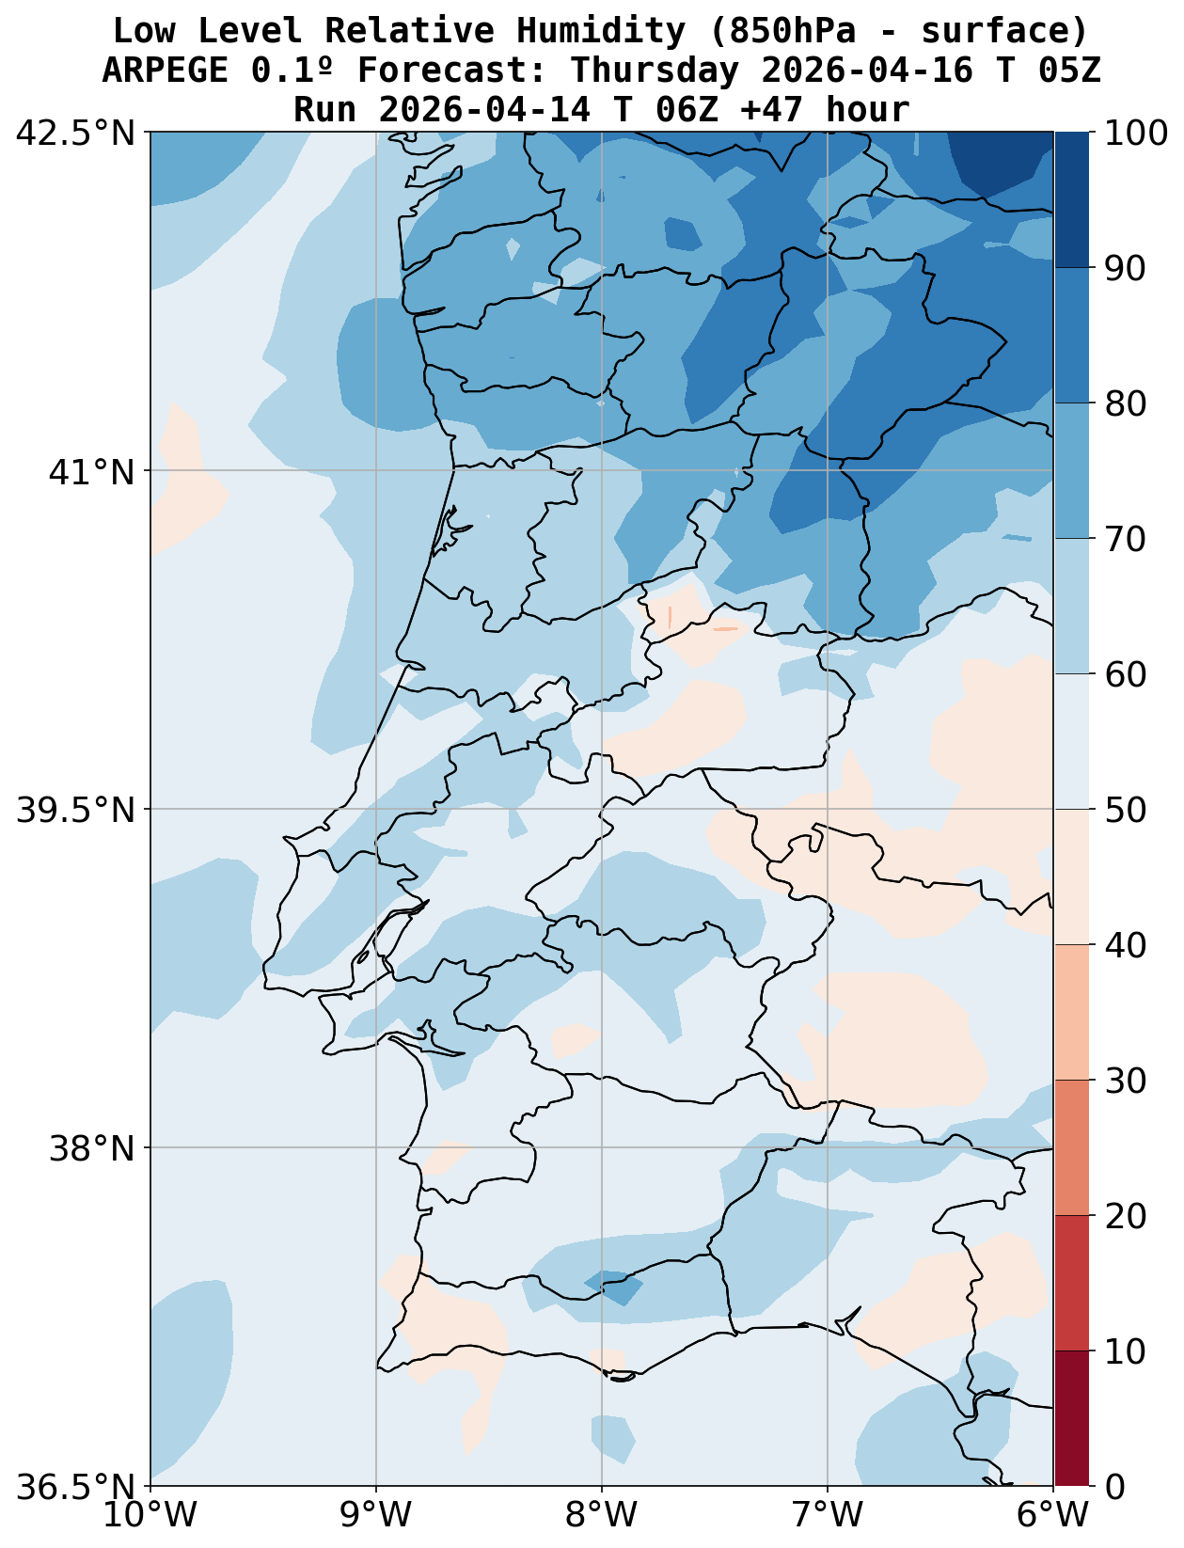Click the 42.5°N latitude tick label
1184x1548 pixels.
75,134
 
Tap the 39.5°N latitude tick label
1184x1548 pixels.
75,810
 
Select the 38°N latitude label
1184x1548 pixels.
90,1148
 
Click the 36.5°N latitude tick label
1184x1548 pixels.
75,1487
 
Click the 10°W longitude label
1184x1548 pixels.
150,1515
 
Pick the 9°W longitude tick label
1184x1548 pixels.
376,1515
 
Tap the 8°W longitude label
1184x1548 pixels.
602,1515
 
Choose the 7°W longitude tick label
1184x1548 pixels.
828,1515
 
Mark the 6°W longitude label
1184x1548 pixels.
1053,1515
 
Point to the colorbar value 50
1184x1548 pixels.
1125,810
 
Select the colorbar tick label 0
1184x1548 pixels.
1113,1487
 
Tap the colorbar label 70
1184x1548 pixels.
1125,540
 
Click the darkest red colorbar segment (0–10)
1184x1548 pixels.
1071,1418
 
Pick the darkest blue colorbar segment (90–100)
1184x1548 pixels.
1071,199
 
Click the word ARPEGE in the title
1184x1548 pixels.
165,71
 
